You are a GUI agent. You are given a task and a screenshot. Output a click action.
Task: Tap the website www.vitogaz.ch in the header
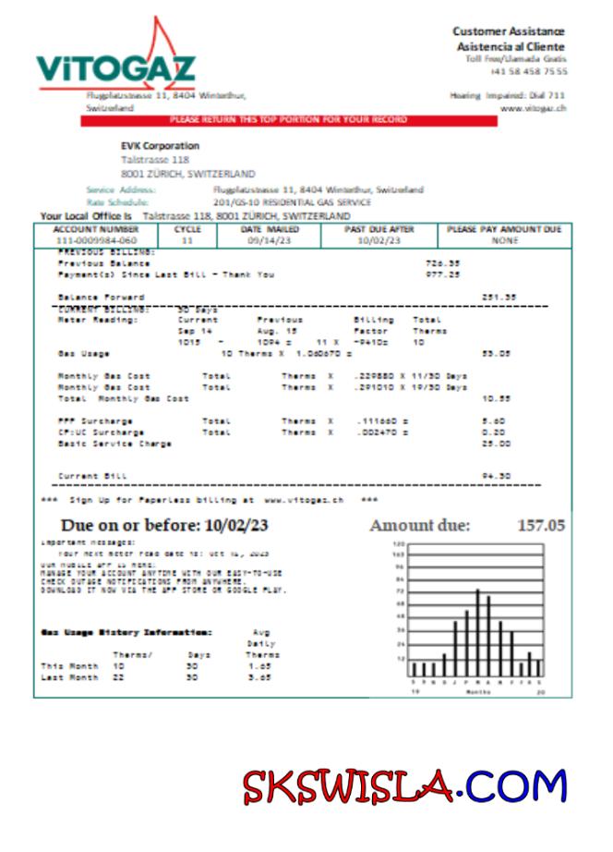click(533, 108)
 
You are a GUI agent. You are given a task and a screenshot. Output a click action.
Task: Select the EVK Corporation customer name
click(160, 145)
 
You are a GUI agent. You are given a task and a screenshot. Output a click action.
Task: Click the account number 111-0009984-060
click(96, 240)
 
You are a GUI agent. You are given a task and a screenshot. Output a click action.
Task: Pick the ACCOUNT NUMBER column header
click(96, 229)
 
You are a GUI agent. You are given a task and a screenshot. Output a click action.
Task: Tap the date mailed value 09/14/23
click(269, 240)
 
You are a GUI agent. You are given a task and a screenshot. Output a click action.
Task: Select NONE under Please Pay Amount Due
click(504, 240)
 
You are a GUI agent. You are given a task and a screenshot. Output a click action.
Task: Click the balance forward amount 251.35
click(499, 297)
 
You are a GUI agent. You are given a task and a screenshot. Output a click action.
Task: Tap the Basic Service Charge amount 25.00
click(499, 444)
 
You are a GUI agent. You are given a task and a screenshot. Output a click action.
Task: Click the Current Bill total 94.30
click(499, 477)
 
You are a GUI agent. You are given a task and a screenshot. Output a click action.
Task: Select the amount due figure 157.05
click(540, 526)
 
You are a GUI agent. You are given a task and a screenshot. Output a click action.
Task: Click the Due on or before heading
click(165, 526)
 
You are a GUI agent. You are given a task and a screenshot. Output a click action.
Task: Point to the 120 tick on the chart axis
click(400, 544)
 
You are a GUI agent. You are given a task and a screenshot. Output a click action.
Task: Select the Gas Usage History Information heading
click(126, 632)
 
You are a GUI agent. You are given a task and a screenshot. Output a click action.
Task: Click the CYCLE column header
click(187, 229)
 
